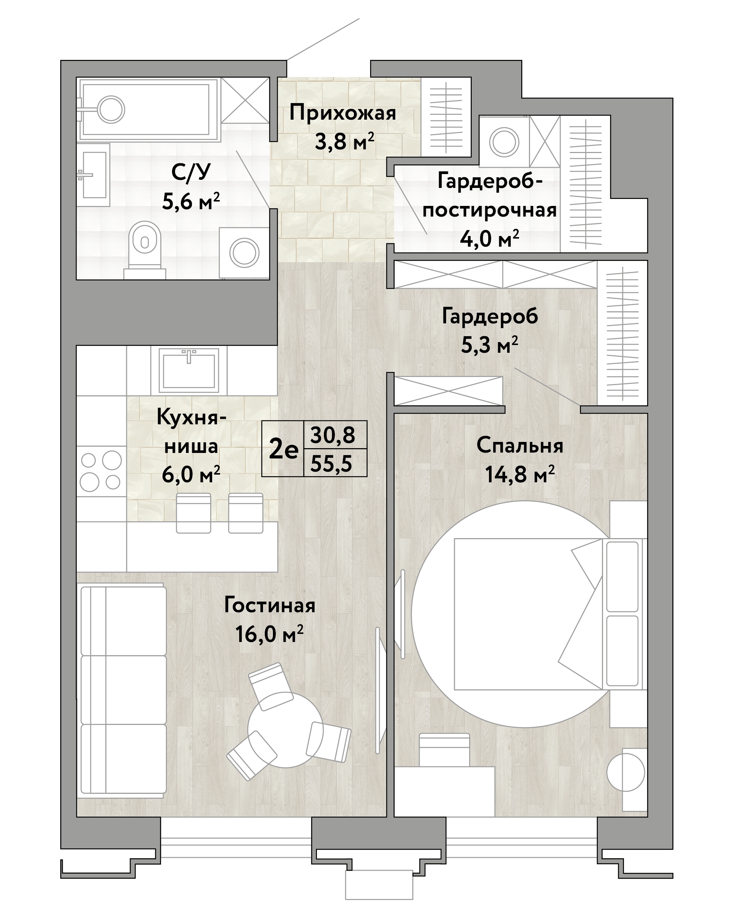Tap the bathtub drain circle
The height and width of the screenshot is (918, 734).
coord(111,110)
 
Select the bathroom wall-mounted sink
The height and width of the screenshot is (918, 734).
coord(93,175)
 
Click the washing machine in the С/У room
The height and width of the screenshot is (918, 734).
coord(244,253)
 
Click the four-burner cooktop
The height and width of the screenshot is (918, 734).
coord(101,471)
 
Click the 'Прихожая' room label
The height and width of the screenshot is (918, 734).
coord(343,114)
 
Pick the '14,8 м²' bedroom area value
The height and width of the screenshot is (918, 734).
coord(520,474)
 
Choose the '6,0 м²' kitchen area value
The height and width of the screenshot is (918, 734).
coord(191,474)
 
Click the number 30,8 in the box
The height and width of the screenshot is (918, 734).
coord(332,435)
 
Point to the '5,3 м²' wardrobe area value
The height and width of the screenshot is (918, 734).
coord(489,345)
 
